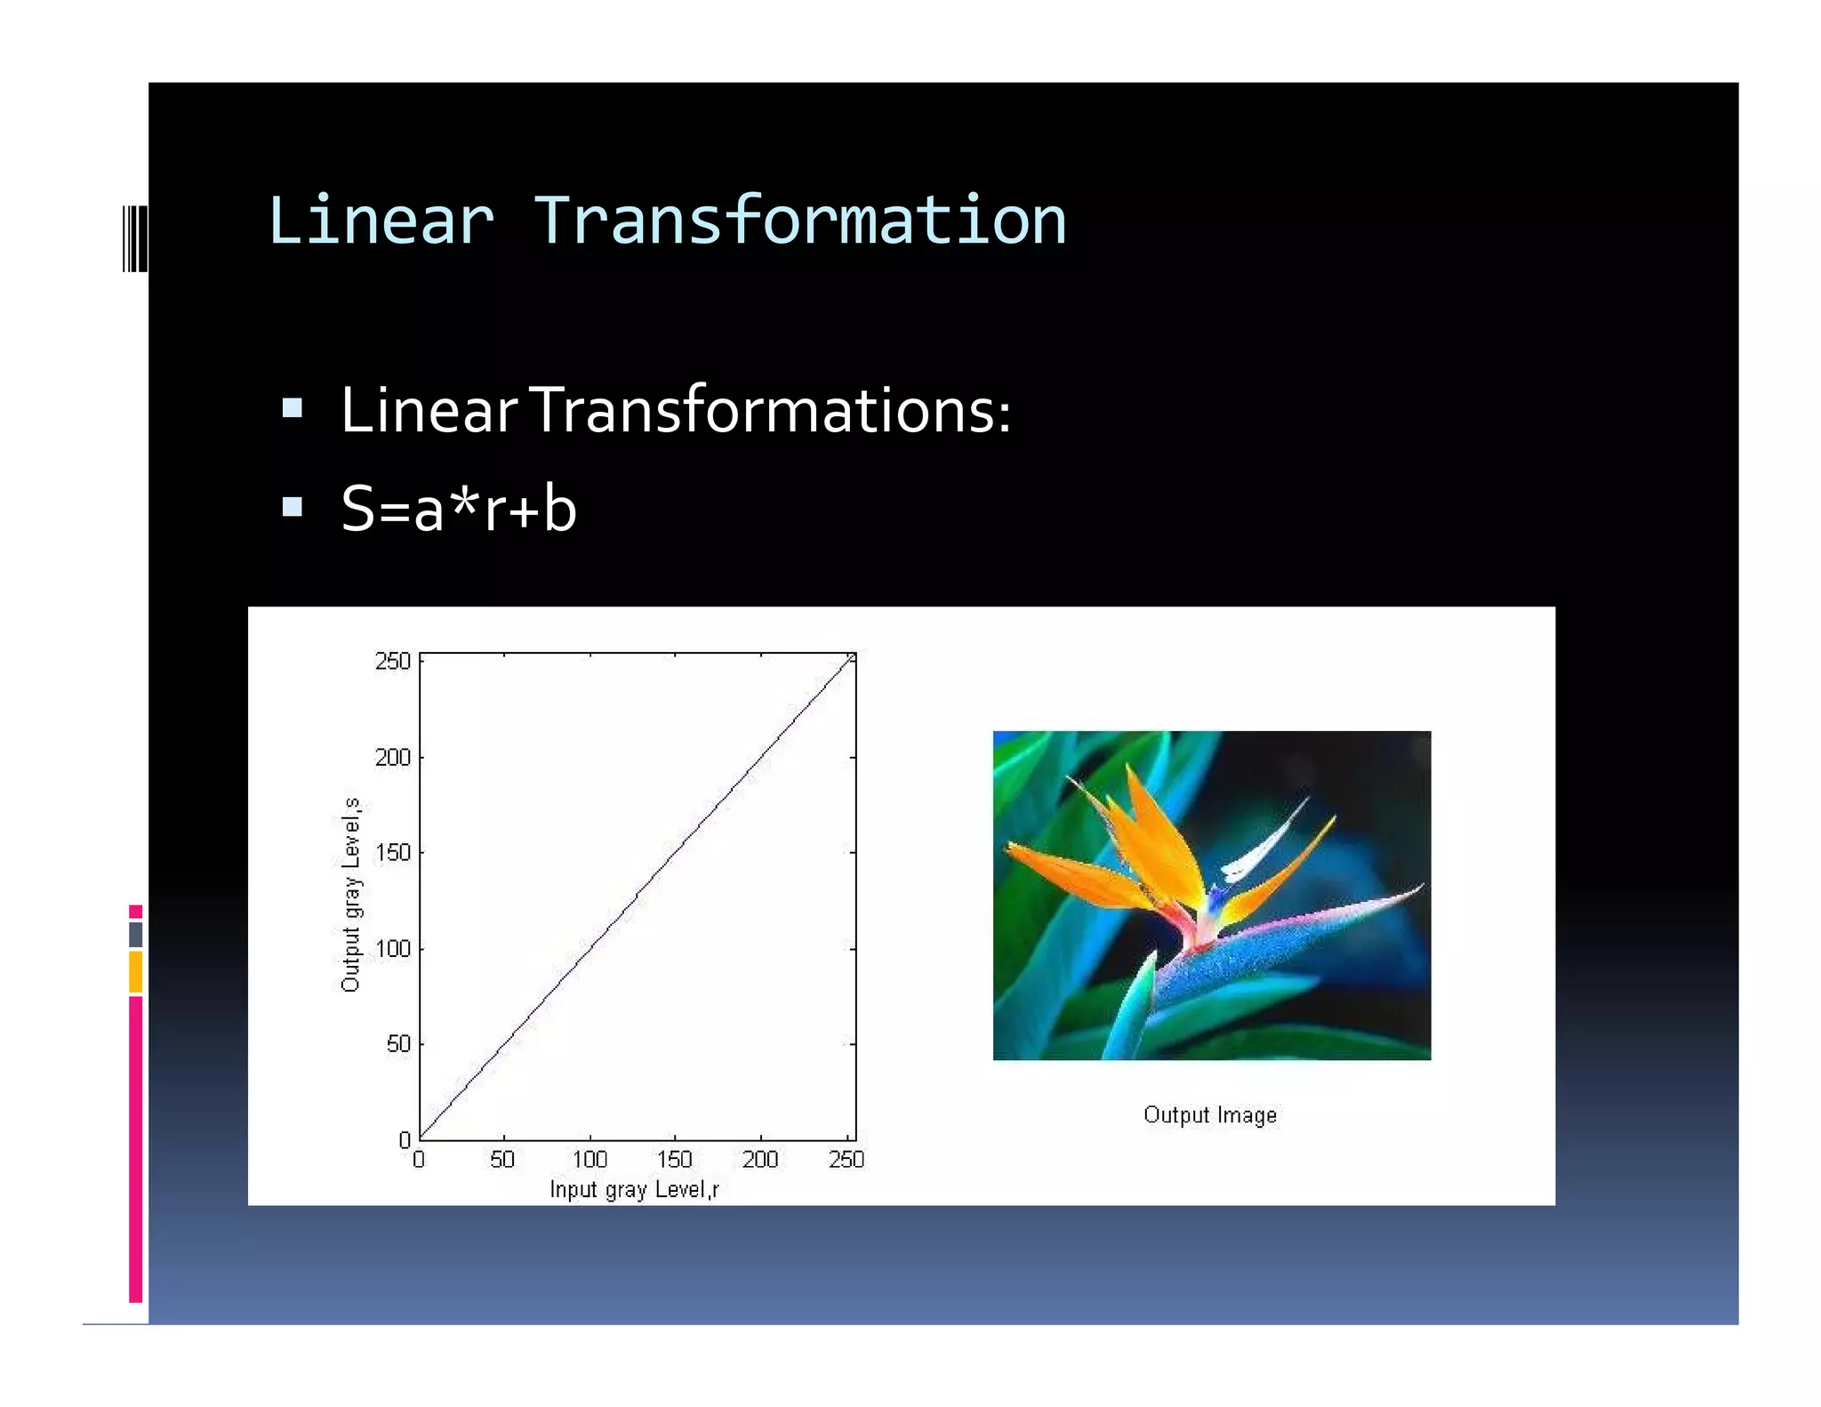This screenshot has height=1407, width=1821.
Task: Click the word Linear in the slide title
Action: [x=381, y=221]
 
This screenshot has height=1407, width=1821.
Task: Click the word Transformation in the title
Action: [x=799, y=221]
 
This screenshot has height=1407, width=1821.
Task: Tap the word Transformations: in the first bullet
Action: [x=771, y=411]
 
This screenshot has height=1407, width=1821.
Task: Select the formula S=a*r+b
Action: [x=459, y=509]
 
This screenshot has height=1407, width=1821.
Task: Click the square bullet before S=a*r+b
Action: [x=292, y=507]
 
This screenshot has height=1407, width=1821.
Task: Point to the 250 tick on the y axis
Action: [x=393, y=661]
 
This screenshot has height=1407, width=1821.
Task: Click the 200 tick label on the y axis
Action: [x=393, y=757]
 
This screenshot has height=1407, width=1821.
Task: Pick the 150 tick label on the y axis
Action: [x=393, y=852]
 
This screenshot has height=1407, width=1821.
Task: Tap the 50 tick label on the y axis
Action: [x=398, y=1043]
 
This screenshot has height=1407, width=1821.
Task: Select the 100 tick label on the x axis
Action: [x=590, y=1159]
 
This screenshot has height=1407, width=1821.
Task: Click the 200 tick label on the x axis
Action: [x=760, y=1159]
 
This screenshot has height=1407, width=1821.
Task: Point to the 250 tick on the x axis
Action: [x=846, y=1159]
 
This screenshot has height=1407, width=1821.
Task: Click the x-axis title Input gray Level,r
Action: [x=634, y=1189]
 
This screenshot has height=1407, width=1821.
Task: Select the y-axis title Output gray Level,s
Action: [x=351, y=894]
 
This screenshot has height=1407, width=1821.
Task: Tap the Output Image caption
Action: [x=1209, y=1114]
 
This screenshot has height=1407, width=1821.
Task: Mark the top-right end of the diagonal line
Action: [x=851, y=657]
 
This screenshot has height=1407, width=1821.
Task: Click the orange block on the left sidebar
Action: [x=135, y=971]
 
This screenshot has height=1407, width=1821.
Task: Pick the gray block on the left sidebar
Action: [x=135, y=934]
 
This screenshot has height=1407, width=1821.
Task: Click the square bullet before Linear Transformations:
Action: [x=292, y=409]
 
